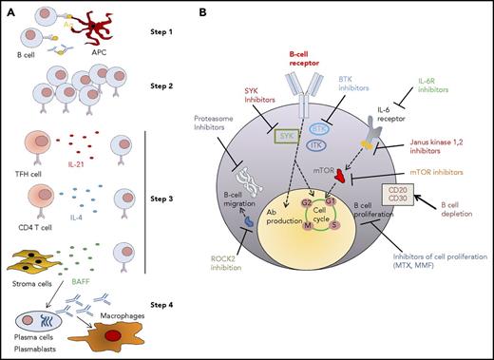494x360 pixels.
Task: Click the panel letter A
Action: tap(9, 10)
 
